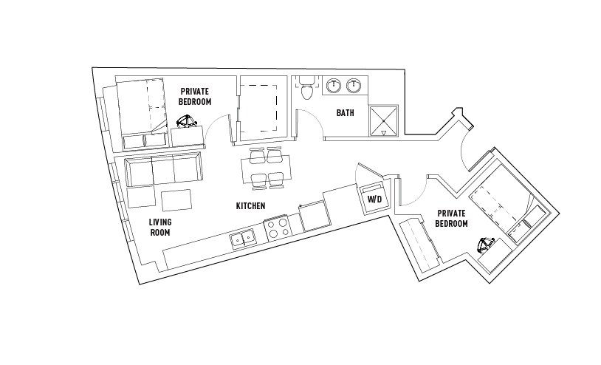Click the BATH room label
[x=345, y=113]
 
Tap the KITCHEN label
[x=250, y=206]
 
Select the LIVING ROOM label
[x=160, y=227]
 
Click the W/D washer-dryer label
[x=374, y=199]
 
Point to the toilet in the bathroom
[x=306, y=87]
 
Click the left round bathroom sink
[x=334, y=85]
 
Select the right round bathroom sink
[x=354, y=85]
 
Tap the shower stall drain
[x=383, y=120]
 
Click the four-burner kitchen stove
[x=278, y=228]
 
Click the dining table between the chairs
[x=266, y=169]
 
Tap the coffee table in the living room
[x=176, y=200]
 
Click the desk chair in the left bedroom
[x=187, y=121]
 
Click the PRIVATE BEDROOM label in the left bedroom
[x=195, y=97]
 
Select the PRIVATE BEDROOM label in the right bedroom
[x=452, y=219]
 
